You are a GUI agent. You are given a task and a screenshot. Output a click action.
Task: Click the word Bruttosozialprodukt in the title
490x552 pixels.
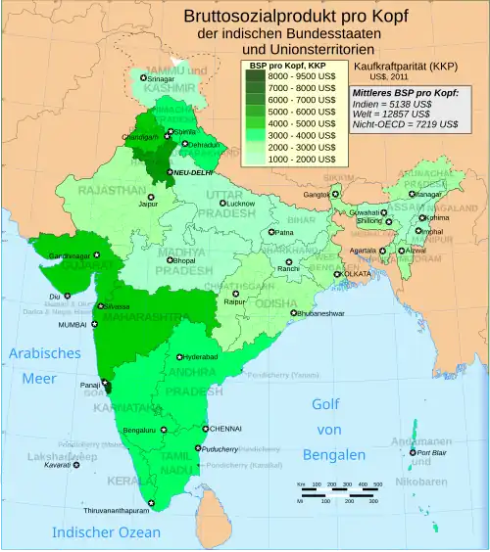[245, 17]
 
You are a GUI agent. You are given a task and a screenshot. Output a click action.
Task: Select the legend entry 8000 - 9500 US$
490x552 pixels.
[303, 76]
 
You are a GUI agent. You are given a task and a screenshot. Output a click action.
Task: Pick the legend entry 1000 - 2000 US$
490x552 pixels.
[303, 157]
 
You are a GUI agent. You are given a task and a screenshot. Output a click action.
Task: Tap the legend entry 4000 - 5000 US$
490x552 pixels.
[303, 122]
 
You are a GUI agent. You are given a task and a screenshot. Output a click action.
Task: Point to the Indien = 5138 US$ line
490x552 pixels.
[395, 103]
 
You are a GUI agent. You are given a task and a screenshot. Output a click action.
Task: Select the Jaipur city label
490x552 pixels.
[148, 206]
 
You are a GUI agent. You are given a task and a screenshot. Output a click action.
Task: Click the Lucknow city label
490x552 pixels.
[241, 204]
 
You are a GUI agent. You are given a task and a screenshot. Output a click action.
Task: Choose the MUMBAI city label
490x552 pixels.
[73, 324]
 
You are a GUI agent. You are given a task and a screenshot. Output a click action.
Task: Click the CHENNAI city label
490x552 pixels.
[225, 429]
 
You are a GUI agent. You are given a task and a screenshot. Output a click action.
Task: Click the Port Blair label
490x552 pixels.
[432, 453]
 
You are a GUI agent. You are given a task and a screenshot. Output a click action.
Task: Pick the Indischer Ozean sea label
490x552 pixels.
[106, 532]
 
